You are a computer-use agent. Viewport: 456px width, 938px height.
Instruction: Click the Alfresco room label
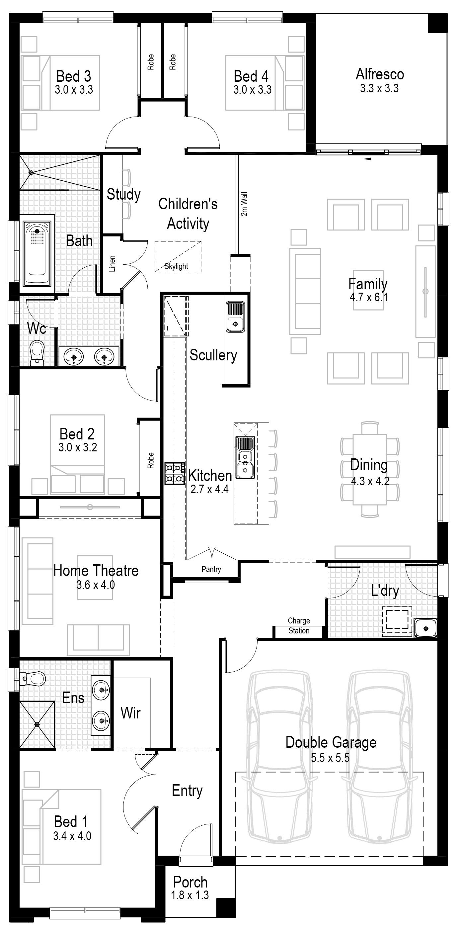click(x=380, y=74)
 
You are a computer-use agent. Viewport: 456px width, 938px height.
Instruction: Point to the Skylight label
click(x=176, y=266)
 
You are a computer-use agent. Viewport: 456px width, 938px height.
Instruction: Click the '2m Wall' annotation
click(x=244, y=204)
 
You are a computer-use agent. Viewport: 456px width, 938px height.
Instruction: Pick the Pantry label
click(x=211, y=569)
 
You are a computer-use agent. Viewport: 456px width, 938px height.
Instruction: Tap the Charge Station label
click(x=299, y=625)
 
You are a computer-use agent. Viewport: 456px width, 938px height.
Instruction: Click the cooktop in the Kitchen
click(x=175, y=473)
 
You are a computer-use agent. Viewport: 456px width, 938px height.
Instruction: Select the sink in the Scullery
click(x=235, y=317)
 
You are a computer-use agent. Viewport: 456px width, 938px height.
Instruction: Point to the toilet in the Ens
click(x=34, y=678)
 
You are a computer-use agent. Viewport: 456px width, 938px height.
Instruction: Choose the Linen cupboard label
click(x=112, y=264)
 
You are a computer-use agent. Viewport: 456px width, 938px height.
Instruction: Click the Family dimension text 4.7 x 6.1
click(x=368, y=298)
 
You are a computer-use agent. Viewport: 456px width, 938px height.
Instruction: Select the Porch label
click(x=190, y=882)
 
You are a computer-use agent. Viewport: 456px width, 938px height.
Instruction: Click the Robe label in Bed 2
click(x=151, y=460)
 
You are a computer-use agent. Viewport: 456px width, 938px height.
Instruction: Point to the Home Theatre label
click(x=96, y=571)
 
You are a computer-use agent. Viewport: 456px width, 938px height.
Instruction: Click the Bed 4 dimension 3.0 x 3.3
click(x=252, y=90)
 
